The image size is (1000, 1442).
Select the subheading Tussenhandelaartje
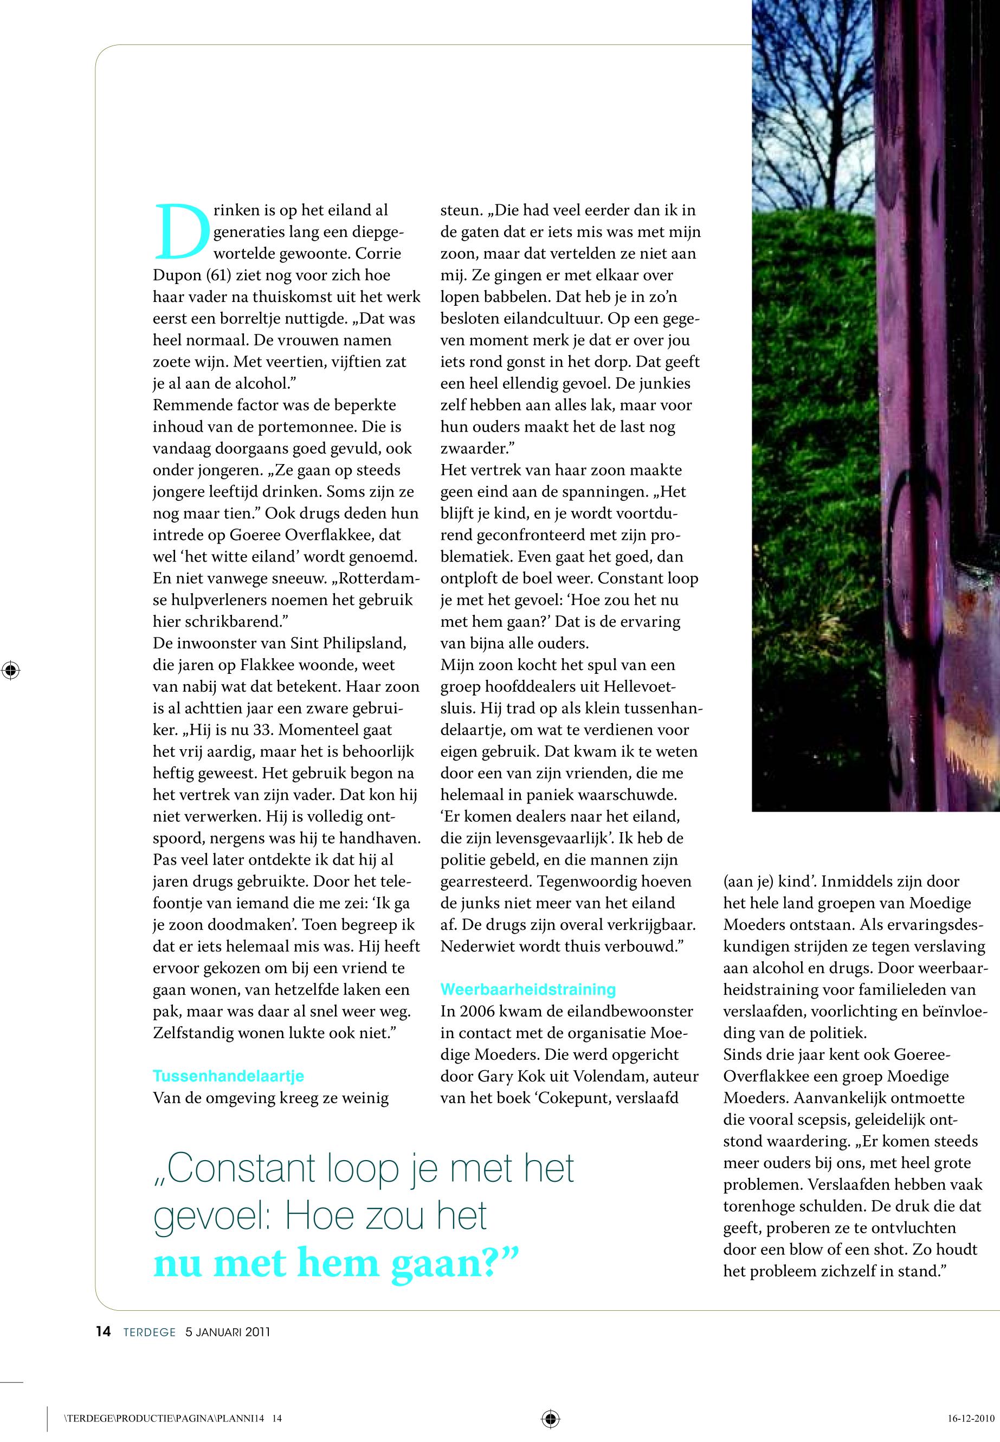click(228, 1076)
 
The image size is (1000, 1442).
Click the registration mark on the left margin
click(11, 670)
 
